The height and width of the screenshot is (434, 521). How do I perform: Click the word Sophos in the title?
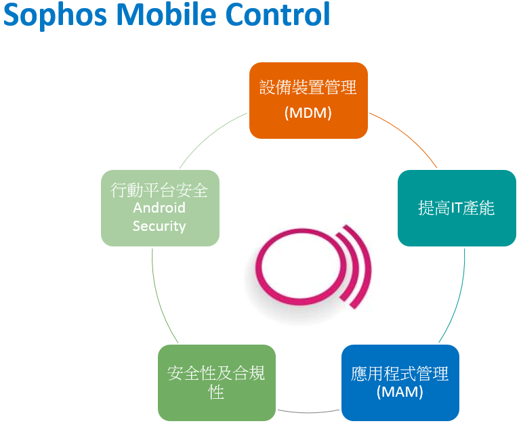point(55,15)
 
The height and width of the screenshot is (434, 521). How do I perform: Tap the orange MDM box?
point(308,100)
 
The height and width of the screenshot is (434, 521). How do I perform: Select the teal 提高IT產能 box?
point(457,209)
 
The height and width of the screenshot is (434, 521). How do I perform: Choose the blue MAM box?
point(400,383)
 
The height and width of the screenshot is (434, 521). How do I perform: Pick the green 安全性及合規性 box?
point(217,383)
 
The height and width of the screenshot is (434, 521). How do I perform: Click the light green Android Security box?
point(160,209)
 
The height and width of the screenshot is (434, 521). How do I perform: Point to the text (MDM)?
point(308,113)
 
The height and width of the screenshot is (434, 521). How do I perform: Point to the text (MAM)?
point(400,392)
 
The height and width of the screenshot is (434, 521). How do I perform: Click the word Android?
point(159,208)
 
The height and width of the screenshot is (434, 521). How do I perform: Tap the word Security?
point(159,226)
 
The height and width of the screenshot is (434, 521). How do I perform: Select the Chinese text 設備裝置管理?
point(308,87)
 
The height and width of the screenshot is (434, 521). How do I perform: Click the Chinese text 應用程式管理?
point(400,373)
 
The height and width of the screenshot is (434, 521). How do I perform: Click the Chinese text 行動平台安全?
point(159,190)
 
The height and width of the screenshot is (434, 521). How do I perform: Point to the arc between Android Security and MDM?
point(209,135)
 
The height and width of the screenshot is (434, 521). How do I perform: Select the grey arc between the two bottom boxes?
point(308,413)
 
